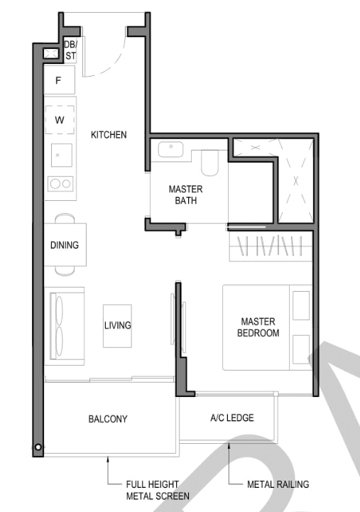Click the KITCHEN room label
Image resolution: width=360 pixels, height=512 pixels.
point(109,135)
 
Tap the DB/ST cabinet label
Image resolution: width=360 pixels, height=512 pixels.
point(70,50)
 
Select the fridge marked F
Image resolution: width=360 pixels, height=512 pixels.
point(59,80)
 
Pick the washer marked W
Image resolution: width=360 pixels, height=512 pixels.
point(60,120)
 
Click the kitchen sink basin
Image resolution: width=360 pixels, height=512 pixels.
point(62,156)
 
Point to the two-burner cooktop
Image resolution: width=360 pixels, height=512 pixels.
point(60,184)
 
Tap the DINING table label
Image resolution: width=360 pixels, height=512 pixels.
point(65,245)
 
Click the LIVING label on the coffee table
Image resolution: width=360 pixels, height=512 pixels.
point(117,325)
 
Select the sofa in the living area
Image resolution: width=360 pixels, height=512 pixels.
point(65,326)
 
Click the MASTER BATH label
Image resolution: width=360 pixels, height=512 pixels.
point(186,195)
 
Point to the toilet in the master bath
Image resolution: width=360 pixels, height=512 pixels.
point(209,163)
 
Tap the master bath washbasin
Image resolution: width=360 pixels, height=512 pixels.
point(170,149)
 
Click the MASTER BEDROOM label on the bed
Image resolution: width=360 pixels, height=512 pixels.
point(258,327)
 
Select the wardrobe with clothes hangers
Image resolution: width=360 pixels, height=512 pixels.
point(271,246)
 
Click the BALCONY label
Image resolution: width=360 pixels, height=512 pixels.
point(108,419)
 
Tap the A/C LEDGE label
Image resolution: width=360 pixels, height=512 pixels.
point(232,418)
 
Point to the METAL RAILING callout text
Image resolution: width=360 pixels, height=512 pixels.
point(278,484)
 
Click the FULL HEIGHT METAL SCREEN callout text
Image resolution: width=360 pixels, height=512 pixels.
point(158,490)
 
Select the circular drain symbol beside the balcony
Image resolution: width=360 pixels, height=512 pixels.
point(38,447)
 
